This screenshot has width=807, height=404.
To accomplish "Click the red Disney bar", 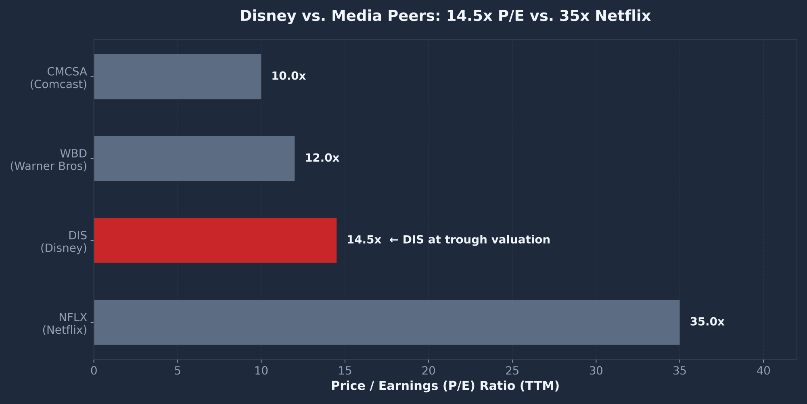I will [215, 240].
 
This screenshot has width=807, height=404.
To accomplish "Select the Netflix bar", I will [387, 322].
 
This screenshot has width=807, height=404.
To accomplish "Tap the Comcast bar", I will [178, 77].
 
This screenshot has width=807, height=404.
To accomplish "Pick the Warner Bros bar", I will [194, 158].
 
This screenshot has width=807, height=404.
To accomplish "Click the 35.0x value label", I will [707, 322].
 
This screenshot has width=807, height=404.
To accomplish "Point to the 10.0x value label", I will [289, 76].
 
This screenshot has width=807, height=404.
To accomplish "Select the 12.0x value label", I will [322, 158].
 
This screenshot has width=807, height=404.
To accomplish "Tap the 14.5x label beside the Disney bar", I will [364, 240].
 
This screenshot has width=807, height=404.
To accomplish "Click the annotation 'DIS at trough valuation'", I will [470, 240].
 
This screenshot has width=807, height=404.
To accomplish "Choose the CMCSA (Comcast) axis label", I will [59, 78].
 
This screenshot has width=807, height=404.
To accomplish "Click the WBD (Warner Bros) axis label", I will [49, 160].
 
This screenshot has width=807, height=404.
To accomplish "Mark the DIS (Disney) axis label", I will [64, 242].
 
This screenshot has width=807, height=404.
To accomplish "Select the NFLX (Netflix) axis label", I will [65, 324].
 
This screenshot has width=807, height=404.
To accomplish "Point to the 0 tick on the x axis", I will [94, 371].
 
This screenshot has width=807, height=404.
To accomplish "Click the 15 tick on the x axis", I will [345, 371].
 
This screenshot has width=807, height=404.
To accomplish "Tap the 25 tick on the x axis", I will [512, 371].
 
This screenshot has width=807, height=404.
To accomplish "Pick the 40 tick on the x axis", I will [763, 371].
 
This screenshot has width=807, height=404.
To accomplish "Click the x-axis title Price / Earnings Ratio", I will [445, 386].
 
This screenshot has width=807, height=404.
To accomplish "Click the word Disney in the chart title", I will [268, 16].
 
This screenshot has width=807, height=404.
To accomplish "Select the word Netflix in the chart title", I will [623, 16].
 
